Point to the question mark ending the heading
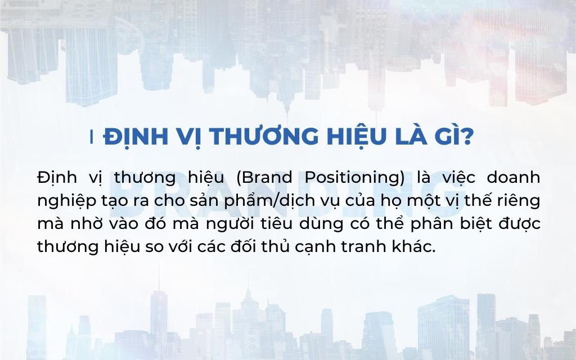[466, 137]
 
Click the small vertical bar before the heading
[92, 137]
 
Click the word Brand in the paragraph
[267, 178]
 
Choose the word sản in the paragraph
[199, 200]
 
